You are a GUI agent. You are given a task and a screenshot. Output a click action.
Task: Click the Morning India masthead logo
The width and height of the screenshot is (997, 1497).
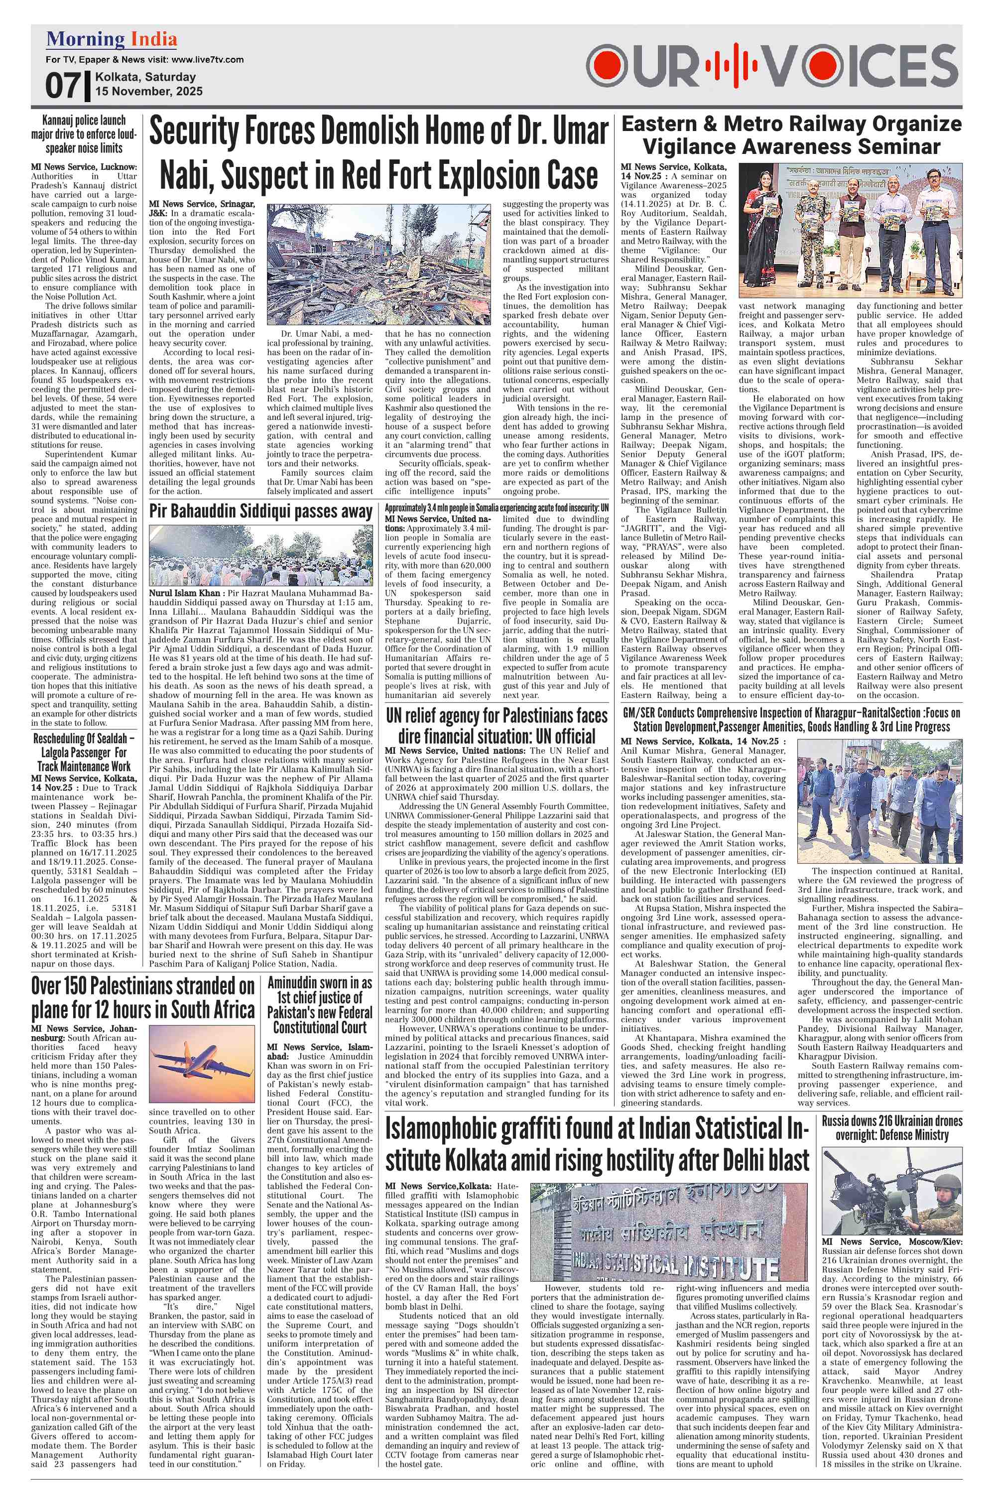[111, 40]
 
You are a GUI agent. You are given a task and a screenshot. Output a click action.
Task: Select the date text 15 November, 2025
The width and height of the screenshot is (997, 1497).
[149, 92]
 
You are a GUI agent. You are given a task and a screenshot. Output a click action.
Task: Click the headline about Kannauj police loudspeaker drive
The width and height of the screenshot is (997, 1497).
[84, 134]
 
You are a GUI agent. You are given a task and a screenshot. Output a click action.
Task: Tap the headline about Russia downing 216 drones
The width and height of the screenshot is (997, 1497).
[891, 1127]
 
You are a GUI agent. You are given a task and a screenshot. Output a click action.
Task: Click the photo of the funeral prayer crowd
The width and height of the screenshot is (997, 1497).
[260, 555]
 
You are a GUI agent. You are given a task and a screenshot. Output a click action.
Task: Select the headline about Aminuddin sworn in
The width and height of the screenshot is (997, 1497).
[319, 1005]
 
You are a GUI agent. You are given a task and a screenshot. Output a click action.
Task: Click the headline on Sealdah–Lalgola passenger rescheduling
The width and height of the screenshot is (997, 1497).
[84, 752]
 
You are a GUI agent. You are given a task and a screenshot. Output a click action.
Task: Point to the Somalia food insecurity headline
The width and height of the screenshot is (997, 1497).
[497, 508]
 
